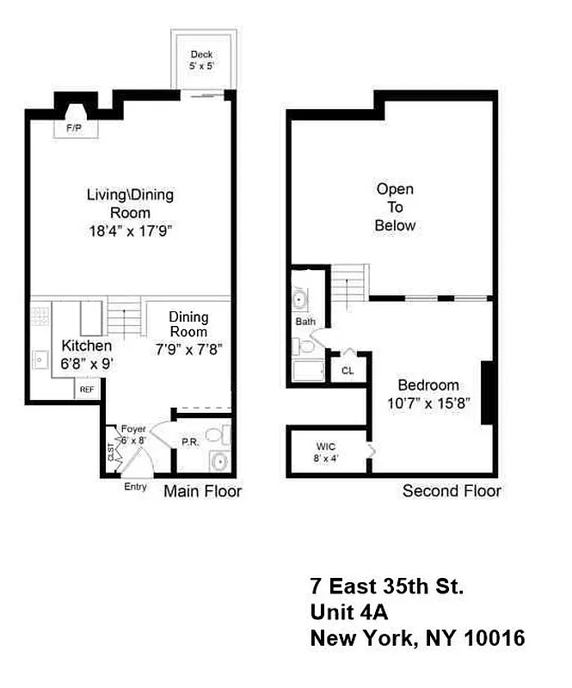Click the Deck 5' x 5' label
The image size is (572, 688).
[201, 59]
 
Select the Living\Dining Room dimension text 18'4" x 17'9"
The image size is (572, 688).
[129, 231]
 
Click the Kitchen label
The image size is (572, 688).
[86, 346]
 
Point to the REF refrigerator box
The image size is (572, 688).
[86, 390]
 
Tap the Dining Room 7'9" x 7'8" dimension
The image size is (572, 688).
[189, 348]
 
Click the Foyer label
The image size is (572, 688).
[132, 428]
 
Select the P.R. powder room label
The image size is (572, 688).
[190, 442]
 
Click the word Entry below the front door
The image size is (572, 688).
[136, 487]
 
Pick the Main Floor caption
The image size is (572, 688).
[203, 491]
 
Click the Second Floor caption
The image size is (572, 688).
[452, 491]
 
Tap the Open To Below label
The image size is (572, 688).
[395, 207]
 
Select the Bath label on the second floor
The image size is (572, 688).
[305, 322]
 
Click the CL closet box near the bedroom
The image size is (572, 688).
[347, 371]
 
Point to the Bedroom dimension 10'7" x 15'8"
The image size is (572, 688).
[427, 402]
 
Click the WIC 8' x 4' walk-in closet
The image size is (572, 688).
[326, 451]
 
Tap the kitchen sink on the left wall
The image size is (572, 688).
[40, 359]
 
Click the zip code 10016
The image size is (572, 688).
[487, 639]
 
